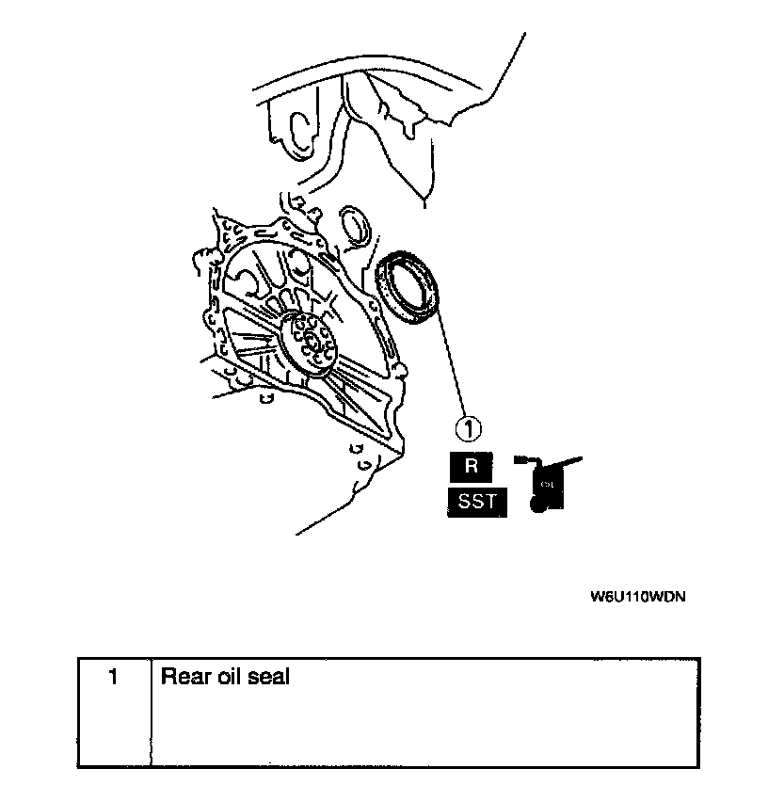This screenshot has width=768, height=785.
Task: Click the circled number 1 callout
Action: coord(468,429)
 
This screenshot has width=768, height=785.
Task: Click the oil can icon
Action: coord(547,482)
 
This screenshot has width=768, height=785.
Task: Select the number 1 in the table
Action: coord(113,677)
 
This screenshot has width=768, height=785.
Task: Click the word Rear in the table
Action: coord(183,677)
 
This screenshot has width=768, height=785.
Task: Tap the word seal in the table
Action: coord(268,677)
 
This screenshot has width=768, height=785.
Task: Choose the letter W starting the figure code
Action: coord(598,597)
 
